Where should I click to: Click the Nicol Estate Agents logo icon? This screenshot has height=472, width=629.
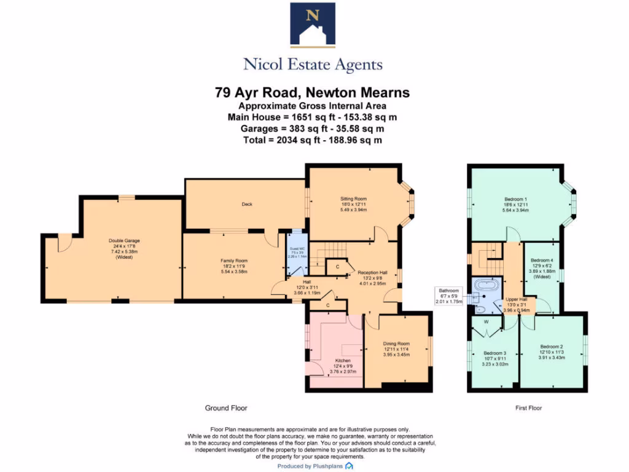[313, 25]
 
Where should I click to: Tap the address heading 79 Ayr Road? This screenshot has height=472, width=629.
[312, 93]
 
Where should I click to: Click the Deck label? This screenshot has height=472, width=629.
[246, 204]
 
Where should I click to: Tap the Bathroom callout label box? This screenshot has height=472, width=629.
[448, 295]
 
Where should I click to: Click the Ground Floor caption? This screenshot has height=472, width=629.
[225, 408]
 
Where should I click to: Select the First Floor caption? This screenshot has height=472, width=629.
[528, 408]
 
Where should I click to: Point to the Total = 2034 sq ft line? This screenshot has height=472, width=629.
[312, 140]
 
